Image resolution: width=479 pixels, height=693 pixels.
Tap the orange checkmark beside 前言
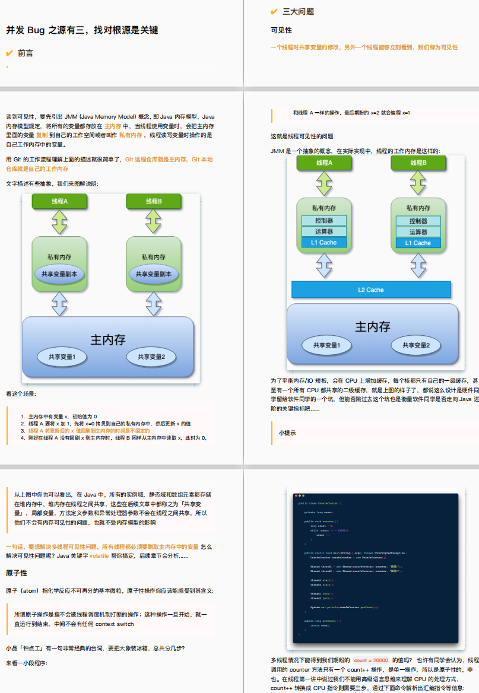9,53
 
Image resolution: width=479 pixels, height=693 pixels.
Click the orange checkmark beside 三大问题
274,11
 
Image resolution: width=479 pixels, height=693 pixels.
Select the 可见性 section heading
281,30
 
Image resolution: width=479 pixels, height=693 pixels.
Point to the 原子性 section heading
17,574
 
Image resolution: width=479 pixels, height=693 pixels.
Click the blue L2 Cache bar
371,290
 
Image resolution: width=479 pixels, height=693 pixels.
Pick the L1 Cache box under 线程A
323,243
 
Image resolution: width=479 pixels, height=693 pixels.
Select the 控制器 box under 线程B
418,221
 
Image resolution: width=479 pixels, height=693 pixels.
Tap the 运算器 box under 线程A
323,231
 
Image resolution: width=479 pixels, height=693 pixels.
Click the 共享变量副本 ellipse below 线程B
154,274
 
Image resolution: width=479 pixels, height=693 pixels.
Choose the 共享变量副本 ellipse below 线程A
59,274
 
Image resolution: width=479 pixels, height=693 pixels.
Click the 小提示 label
287,433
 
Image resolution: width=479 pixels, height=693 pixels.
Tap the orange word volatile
99,556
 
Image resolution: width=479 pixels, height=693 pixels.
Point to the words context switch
115,624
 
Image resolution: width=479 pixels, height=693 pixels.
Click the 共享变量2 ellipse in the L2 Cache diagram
420,345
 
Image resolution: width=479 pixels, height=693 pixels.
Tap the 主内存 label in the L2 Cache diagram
372,326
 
